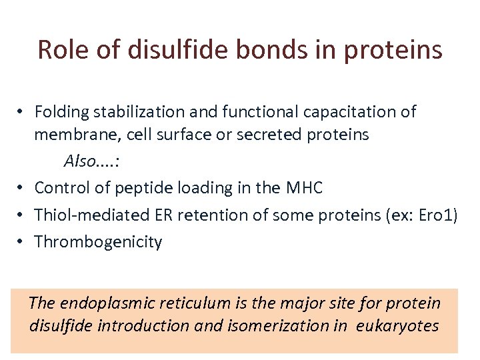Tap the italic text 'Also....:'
click(x=90, y=161)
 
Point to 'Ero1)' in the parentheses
click(x=437, y=215)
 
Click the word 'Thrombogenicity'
click(x=98, y=241)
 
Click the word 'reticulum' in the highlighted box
click(x=201, y=303)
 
